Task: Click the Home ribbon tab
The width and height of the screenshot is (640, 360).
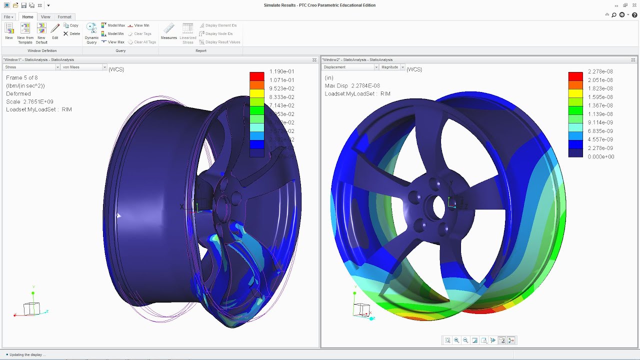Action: pos(27,17)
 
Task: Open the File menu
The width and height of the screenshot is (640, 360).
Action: pos(8,17)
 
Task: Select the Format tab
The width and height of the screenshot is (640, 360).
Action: pos(64,17)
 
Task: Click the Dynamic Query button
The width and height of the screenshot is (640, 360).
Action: pos(91,33)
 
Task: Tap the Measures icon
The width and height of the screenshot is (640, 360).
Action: pos(169,31)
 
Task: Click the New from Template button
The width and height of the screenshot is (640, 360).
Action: pos(25,33)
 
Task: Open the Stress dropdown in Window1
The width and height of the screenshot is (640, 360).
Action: pos(32,67)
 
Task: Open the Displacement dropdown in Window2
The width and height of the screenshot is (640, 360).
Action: pos(350,67)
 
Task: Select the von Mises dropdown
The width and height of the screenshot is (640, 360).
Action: pos(83,67)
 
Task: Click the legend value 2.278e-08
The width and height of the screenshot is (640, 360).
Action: pos(600,71)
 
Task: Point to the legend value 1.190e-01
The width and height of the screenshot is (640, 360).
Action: pos(281,71)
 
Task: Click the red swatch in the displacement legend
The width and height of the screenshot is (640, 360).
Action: pos(575,76)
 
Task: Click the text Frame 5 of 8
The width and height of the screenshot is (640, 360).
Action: pos(21,78)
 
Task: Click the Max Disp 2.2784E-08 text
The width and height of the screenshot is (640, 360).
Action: pos(352,86)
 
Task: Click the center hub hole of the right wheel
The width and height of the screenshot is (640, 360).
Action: pos(438,207)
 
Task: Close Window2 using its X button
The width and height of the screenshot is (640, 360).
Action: pos(633,60)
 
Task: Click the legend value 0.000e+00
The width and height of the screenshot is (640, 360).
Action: pos(600,156)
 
